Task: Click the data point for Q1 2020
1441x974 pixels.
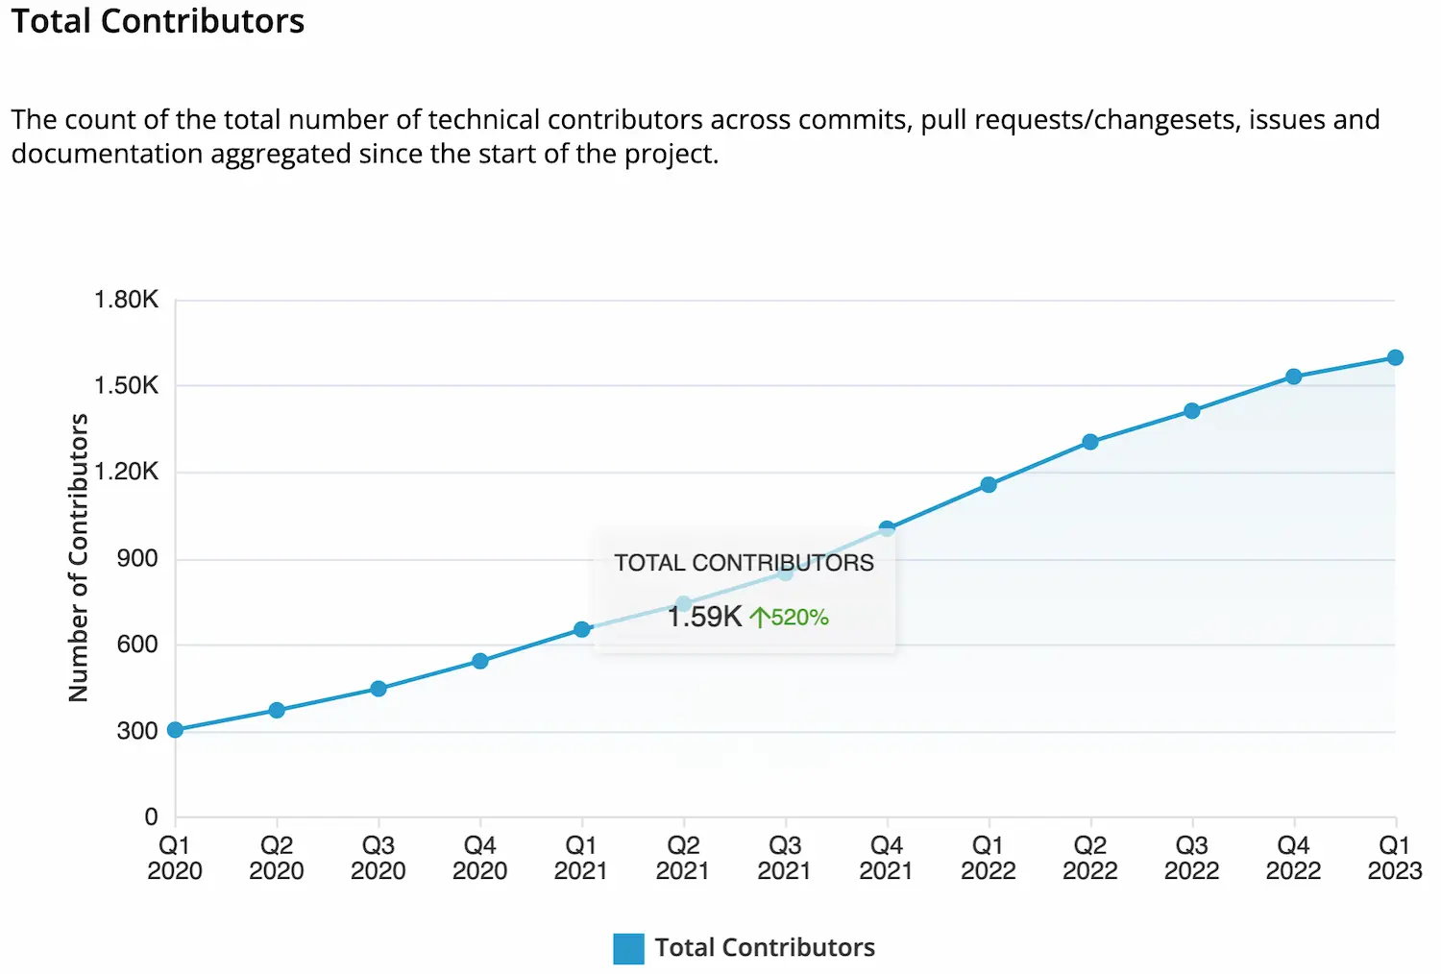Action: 175,730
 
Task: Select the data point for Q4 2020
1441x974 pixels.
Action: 480,661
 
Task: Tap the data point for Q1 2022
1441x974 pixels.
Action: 989,485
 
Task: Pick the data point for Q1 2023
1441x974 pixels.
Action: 1395,357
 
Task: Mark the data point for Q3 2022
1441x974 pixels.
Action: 1192,411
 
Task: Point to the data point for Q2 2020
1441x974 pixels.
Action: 277,711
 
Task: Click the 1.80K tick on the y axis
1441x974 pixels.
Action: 126,300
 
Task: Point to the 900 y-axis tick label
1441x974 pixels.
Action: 137,559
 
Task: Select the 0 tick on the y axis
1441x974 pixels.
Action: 151,817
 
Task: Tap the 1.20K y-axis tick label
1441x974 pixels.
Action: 126,472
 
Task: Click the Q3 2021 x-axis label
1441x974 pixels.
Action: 785,858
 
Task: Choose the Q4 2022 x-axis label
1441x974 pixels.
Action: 1293,858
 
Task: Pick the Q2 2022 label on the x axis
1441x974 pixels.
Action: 1090,858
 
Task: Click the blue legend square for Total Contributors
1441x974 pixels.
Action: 628,948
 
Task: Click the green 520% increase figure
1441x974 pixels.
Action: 790,618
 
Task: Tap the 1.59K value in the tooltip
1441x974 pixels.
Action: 704,617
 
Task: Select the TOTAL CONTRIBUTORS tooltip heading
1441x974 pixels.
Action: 744,563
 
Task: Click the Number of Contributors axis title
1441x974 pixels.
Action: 79,557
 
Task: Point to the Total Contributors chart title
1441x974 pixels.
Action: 158,21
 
